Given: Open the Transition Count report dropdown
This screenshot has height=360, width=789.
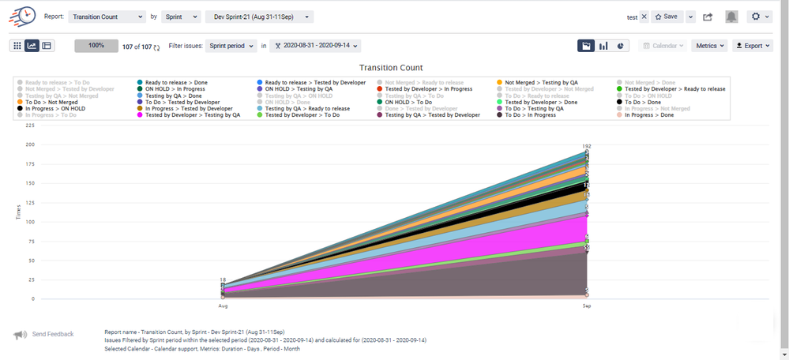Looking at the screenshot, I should coord(107,17).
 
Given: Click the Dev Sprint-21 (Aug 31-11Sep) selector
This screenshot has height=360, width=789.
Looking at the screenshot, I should coord(259,17).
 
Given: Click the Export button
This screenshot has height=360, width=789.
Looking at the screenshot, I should coord(752,46).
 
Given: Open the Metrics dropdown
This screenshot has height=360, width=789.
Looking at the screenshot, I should coord(709,46).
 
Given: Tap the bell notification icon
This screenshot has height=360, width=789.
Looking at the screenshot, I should coord(732,17).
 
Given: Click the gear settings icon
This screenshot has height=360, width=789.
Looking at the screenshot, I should coord(760,17).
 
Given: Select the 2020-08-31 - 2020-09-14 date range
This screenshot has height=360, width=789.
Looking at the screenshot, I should coord(316,46).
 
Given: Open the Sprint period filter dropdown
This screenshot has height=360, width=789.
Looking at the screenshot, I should coord(232,46).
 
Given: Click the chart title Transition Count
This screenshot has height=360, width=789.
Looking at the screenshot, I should coord(391,68).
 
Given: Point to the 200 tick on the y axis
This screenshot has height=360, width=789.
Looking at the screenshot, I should coord(29,144).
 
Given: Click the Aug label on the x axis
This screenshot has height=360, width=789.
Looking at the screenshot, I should coord(223,305).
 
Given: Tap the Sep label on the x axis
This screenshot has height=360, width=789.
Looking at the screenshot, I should coord(587,305).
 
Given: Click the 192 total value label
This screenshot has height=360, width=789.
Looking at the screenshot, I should coord(587,146).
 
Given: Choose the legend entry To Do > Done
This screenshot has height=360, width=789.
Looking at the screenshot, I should coord(642,102).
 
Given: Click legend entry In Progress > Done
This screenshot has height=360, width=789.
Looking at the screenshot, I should coord(649,115).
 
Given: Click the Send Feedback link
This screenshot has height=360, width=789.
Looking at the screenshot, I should coord(51,335).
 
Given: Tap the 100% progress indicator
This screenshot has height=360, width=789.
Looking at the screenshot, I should coord(96,46).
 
